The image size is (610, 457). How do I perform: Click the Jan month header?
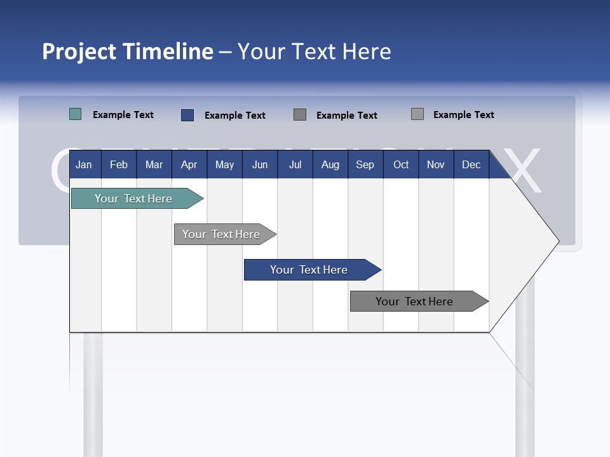click(85, 164)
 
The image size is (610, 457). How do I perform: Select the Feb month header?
click(119, 164)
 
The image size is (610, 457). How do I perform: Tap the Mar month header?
click(154, 164)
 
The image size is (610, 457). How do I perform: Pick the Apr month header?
click(189, 164)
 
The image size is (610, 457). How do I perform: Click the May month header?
click(224, 164)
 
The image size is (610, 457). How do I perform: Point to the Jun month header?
click(260, 164)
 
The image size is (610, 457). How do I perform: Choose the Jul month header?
click(295, 164)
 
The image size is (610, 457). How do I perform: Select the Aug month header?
click(330, 164)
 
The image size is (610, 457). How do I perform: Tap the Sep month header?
click(365, 164)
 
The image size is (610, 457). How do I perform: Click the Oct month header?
click(401, 164)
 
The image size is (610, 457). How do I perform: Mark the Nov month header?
click(436, 164)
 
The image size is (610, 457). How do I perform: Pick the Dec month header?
click(471, 164)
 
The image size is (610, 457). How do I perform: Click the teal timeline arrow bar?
click(134, 199)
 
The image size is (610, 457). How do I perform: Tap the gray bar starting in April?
click(222, 234)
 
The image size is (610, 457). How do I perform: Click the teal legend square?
click(76, 114)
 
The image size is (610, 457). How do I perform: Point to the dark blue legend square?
click(187, 115)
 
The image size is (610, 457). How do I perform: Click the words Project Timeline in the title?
click(128, 51)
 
